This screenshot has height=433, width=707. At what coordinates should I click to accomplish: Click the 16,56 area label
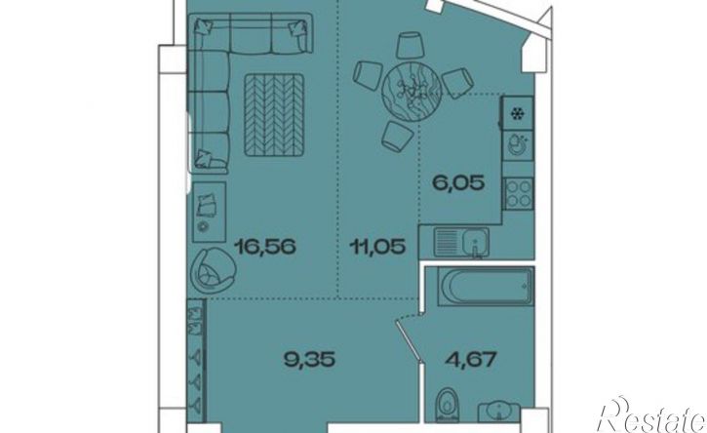[x=266, y=247]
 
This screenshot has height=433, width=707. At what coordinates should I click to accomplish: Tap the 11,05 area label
[x=377, y=247]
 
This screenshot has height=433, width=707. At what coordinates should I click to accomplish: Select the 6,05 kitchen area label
[x=458, y=183]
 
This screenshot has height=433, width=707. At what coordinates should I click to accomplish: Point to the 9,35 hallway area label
[x=309, y=360]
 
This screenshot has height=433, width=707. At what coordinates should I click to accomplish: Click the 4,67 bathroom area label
[x=471, y=360]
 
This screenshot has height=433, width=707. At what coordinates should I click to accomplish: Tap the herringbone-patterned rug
[x=274, y=115]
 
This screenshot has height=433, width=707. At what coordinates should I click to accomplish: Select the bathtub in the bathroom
[x=486, y=287]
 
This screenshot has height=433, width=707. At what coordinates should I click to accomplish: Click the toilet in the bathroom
[x=448, y=405]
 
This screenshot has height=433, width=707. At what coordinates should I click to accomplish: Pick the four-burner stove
[x=519, y=194]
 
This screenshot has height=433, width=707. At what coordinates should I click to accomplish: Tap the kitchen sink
[x=461, y=242]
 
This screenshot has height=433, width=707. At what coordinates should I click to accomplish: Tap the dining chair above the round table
[x=411, y=45]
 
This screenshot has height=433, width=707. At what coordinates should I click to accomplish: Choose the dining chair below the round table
[x=397, y=136]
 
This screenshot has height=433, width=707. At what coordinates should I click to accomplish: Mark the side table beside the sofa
[x=210, y=212]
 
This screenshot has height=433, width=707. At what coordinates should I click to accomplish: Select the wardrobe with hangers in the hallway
[x=197, y=360]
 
